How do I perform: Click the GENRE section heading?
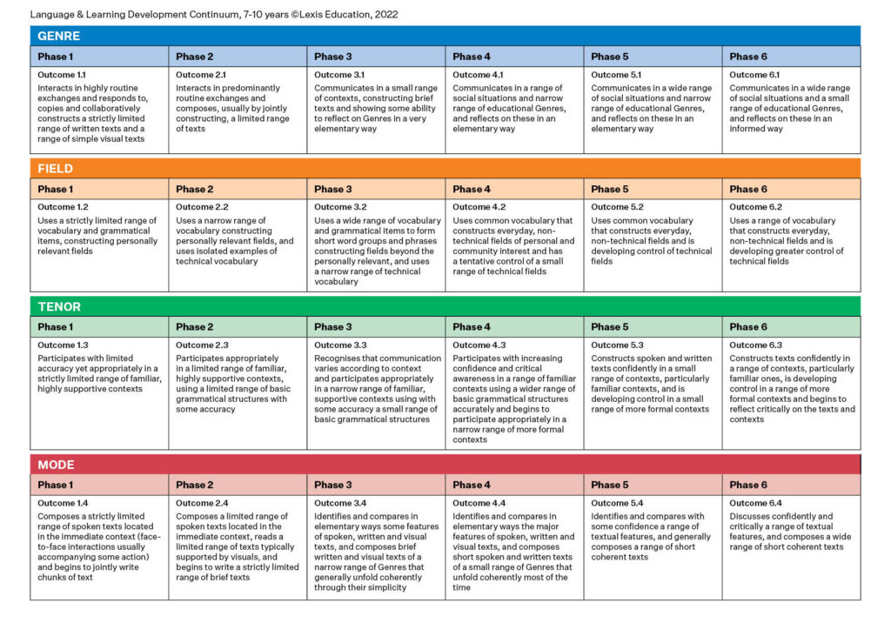click(58, 36)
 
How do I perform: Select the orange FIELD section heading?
click(56, 169)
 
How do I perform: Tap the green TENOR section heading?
click(59, 306)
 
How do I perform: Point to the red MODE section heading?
click(57, 465)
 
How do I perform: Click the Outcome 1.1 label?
click(62, 75)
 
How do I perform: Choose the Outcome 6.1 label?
click(754, 75)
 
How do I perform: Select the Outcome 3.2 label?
click(340, 207)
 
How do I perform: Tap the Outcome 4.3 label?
click(479, 345)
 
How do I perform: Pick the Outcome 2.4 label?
click(202, 503)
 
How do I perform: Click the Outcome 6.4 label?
click(755, 503)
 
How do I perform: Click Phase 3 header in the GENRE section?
click(333, 57)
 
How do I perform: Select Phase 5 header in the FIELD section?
click(610, 189)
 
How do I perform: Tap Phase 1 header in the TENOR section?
click(56, 327)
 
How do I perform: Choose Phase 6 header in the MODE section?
click(748, 485)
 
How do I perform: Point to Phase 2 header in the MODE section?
click(195, 485)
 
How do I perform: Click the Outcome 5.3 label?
click(617, 345)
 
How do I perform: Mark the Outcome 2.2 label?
click(202, 207)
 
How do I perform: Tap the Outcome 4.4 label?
click(479, 503)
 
